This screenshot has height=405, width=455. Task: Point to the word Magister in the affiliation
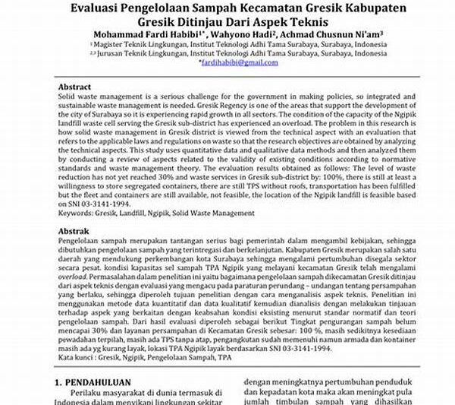pos(119,46)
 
